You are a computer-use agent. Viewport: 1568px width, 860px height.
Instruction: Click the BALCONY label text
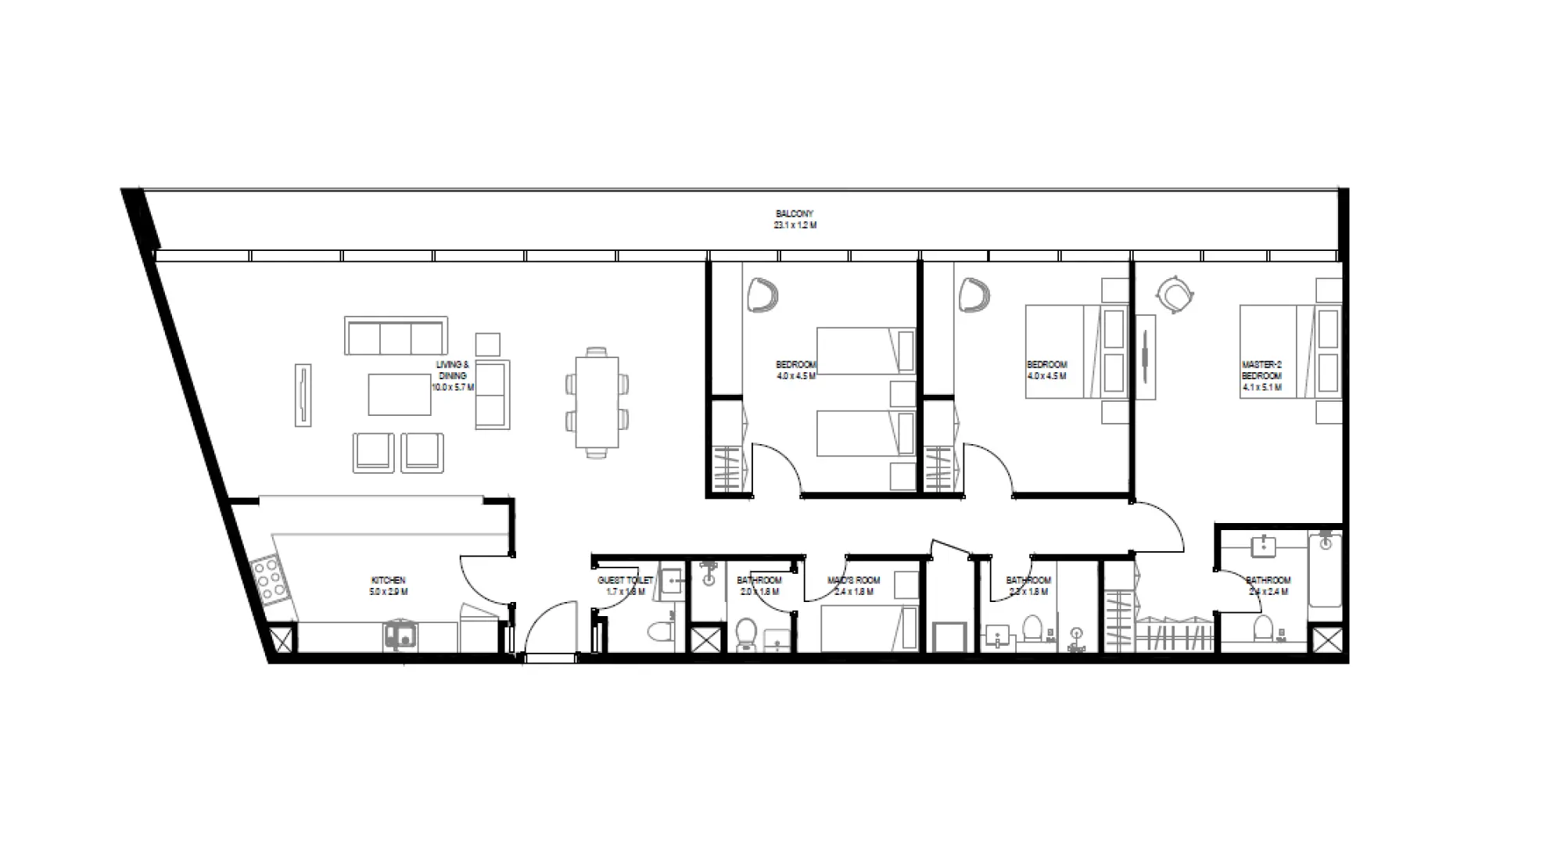[x=794, y=213]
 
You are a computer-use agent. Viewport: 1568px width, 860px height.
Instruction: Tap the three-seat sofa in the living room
[x=396, y=337]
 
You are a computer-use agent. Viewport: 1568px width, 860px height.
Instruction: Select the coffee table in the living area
[x=400, y=394]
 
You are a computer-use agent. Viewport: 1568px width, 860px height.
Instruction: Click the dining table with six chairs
[x=597, y=403]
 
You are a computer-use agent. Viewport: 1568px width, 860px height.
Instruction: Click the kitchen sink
[x=400, y=636]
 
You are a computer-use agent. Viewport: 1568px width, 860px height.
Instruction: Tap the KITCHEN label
[x=388, y=580]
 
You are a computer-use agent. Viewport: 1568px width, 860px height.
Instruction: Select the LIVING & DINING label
[x=452, y=370]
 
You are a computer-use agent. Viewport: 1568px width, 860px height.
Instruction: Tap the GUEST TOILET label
[x=624, y=580]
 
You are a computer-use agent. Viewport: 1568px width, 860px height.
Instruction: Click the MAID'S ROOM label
[x=853, y=580]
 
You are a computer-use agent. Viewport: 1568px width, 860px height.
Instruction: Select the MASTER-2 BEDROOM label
[x=1261, y=370]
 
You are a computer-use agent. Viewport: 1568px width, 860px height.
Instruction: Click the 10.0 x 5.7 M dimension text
[x=452, y=387]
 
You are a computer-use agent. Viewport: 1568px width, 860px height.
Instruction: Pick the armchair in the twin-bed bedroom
[x=762, y=296]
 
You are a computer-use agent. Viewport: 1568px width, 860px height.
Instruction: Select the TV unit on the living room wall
[x=303, y=395]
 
